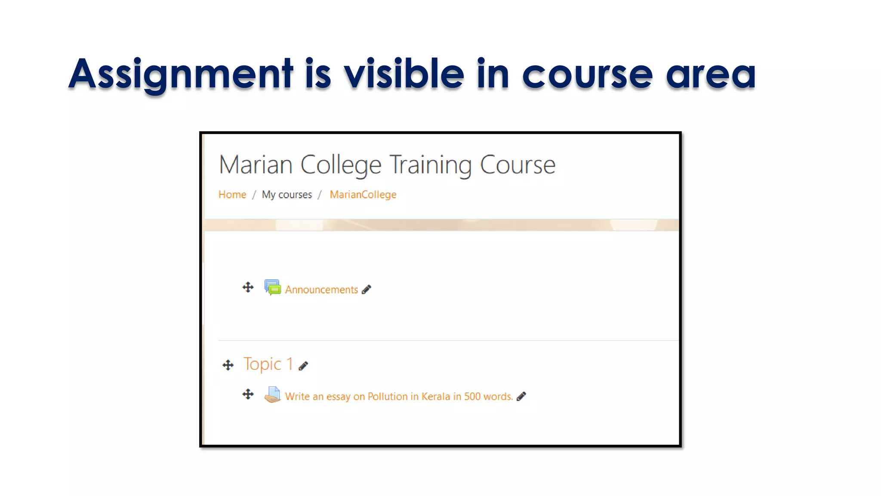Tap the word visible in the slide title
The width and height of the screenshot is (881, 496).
point(404,74)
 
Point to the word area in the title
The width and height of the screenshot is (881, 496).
point(710,74)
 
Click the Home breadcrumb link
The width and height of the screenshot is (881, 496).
point(232,195)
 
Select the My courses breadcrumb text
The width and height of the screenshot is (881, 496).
point(287,195)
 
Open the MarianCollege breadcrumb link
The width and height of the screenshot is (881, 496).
point(363,195)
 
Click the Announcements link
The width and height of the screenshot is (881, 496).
point(321,290)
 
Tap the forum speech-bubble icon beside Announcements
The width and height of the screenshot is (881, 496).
point(272,287)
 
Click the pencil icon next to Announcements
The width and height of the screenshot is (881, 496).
point(367,289)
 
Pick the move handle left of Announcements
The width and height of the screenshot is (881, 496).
point(248,287)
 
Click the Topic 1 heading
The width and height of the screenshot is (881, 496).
point(268,364)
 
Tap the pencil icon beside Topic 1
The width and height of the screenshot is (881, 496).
point(303,366)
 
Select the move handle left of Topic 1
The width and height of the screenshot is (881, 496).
point(228,365)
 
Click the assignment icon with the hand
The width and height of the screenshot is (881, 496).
point(272,394)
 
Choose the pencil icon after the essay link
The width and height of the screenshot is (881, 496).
point(521,397)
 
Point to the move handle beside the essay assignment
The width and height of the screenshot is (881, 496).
point(248,394)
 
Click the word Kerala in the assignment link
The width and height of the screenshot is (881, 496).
point(436,397)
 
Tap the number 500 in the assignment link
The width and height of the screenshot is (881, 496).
point(472,397)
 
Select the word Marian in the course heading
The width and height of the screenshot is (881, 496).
point(256,165)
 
